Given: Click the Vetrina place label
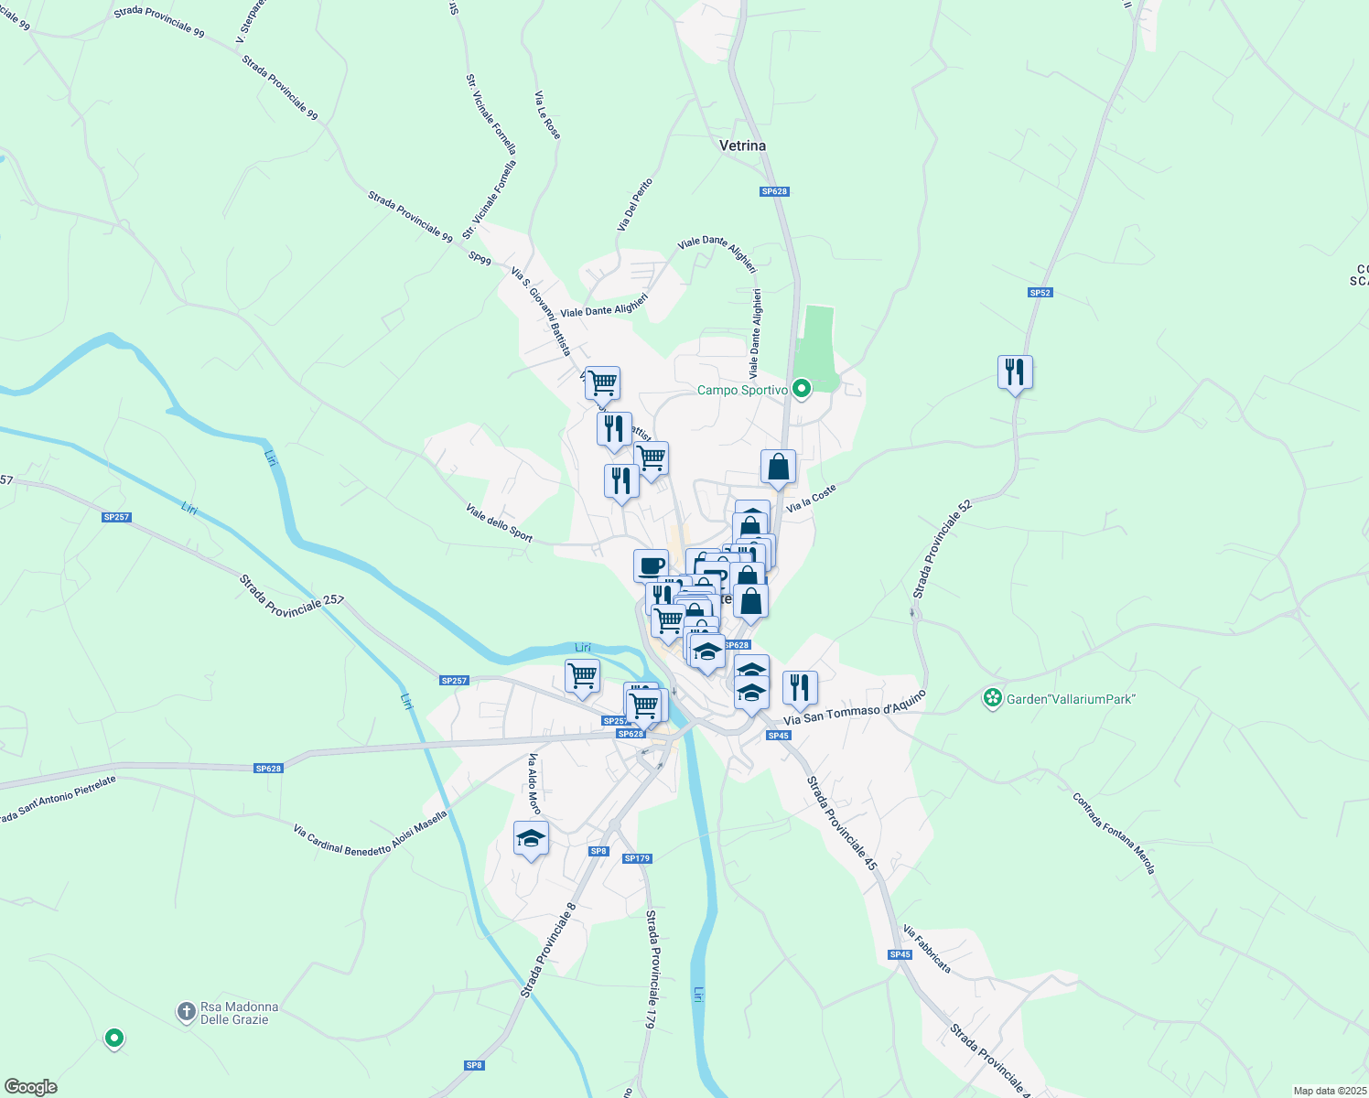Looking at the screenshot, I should [x=742, y=145].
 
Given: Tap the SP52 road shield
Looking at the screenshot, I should [x=1040, y=293].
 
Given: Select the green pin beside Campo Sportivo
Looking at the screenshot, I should [x=802, y=389].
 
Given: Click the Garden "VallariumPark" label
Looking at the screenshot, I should [x=1071, y=699].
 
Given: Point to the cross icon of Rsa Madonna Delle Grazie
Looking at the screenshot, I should [x=186, y=1011].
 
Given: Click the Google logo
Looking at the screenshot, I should [x=30, y=1087].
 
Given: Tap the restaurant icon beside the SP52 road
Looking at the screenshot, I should [x=1015, y=372].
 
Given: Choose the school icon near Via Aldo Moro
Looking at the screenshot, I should [x=531, y=838].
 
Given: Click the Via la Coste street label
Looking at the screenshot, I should [x=811, y=499].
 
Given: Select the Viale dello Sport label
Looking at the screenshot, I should [x=499, y=522].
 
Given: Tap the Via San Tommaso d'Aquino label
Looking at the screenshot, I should [x=855, y=708].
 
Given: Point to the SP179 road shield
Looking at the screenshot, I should [x=637, y=858].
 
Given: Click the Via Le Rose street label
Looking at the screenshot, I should [x=547, y=115].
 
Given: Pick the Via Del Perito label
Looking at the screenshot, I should [x=635, y=204].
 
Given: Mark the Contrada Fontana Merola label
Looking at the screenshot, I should [x=1114, y=833].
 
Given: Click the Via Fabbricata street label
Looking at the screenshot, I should [x=927, y=949].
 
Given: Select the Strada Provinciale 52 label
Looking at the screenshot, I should [x=942, y=549].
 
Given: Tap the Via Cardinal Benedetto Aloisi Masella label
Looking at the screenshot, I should [x=370, y=834].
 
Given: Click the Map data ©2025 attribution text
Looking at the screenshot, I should [x=1329, y=1091].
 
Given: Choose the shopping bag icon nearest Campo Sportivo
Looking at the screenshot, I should [x=778, y=467].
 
